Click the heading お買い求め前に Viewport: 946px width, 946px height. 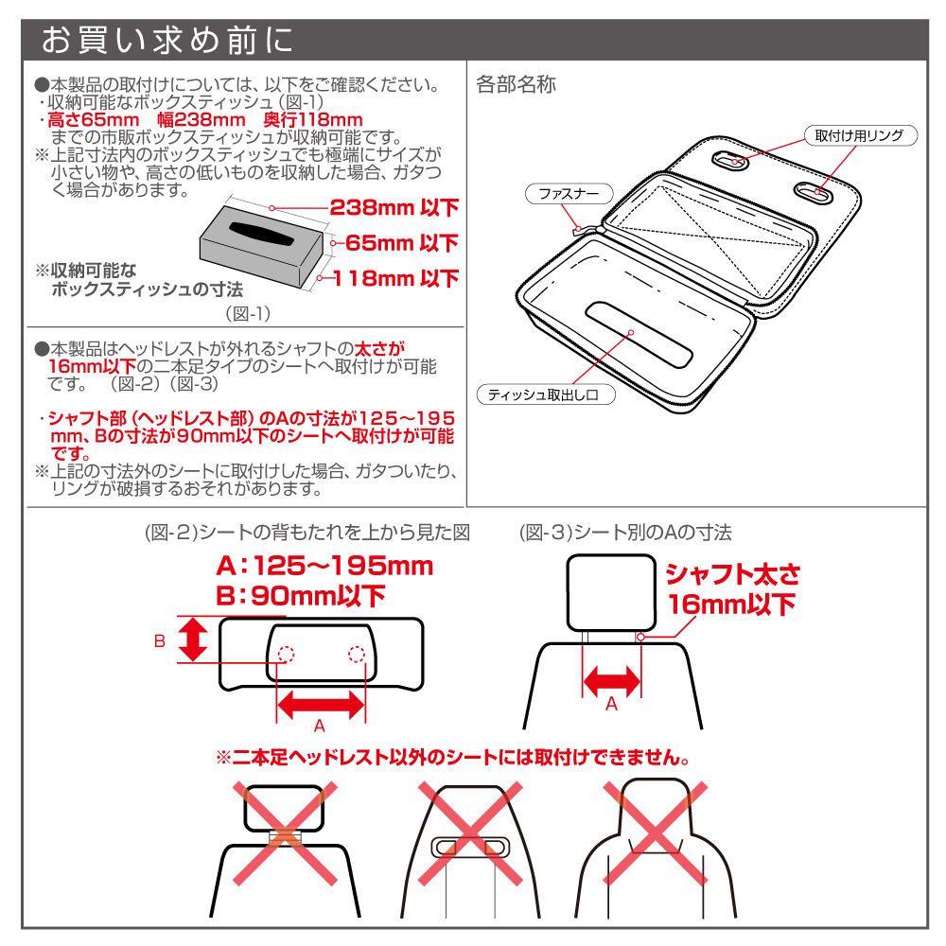pos(167,41)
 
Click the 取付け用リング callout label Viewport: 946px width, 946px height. pos(860,135)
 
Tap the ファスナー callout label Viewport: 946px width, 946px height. pos(569,194)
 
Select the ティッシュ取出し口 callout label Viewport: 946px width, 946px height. pos(546,394)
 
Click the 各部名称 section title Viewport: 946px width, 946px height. pos(516,84)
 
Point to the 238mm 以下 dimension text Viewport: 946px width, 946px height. pos(394,207)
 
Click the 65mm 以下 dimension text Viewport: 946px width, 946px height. pos(402,243)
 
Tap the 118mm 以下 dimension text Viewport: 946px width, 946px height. pos(395,278)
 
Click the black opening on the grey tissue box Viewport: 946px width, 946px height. pos(261,234)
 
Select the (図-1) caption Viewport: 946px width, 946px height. pos(248,314)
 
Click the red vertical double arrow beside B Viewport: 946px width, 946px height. pos(193,639)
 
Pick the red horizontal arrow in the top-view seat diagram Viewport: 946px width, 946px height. pos(321,705)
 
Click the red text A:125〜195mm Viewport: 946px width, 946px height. pos(324,566)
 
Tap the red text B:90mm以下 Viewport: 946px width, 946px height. pos(301,596)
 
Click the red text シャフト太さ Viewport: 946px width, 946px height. pos(733,574)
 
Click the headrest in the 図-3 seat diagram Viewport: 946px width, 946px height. pos(611,593)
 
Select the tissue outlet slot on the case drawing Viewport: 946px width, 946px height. pos(639,334)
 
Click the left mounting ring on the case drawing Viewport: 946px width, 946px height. pos(730,161)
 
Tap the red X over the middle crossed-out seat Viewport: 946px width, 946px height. pos(470,833)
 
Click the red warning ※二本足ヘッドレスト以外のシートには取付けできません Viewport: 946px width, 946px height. pos(453,757)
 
